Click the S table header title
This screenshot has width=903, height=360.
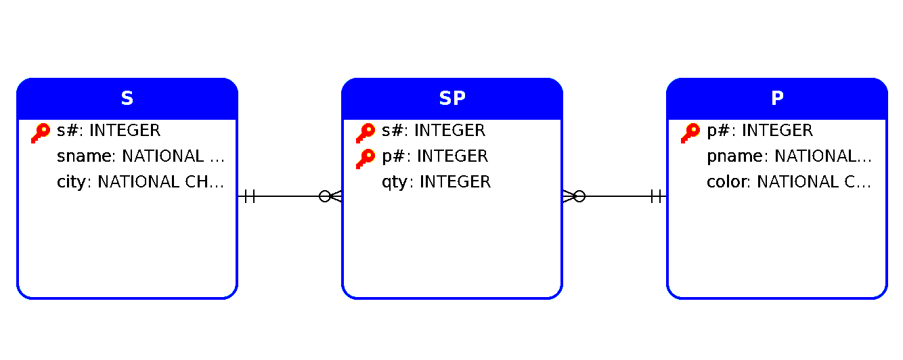pyautogui.click(x=127, y=99)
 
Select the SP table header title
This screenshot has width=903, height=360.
pyautogui.click(x=452, y=99)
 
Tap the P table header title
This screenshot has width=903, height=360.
pyautogui.click(x=777, y=99)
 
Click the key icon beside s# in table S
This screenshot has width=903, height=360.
pyautogui.click(x=41, y=133)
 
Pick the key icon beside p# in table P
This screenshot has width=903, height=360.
pyautogui.click(x=690, y=133)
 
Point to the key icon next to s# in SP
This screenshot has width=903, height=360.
pyautogui.click(x=366, y=133)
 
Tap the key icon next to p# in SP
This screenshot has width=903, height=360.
pyautogui.click(x=366, y=158)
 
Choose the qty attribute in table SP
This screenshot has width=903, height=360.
pyautogui.click(x=436, y=182)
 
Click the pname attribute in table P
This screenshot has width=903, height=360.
pyautogui.click(x=789, y=156)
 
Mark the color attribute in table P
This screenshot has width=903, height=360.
pyautogui.click(x=789, y=182)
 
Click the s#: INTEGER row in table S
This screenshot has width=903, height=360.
pyautogui.click(x=109, y=131)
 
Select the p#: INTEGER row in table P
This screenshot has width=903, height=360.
pyautogui.click(x=760, y=131)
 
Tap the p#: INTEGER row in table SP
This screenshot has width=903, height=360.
pyautogui.click(x=435, y=156)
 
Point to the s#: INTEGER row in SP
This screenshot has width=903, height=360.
pyautogui.click(x=434, y=131)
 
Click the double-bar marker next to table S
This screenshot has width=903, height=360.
pyautogui.click(x=249, y=197)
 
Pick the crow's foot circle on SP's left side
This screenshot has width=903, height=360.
pyautogui.click(x=325, y=197)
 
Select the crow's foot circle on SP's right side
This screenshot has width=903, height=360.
pyautogui.click(x=579, y=197)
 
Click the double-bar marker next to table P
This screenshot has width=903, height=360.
pyautogui.click(x=655, y=197)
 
